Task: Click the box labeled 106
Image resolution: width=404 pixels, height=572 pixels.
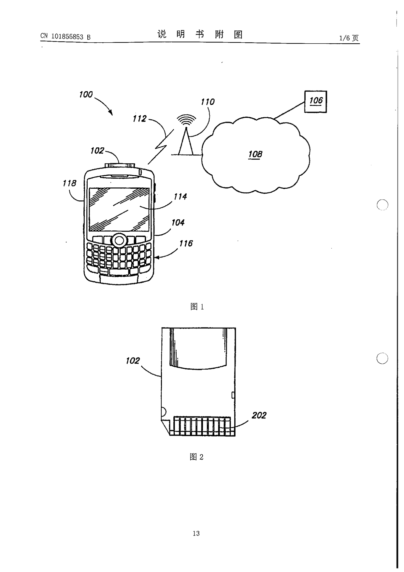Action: point(315,102)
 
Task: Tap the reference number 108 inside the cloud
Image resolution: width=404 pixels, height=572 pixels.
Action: point(255,154)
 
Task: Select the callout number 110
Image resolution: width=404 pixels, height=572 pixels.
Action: point(208,102)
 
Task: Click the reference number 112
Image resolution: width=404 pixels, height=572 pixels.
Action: point(139,119)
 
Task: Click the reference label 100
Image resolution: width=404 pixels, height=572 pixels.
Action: point(86,95)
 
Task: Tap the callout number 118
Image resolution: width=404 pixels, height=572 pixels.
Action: point(69,183)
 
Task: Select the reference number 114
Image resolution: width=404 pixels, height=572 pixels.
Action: point(180,197)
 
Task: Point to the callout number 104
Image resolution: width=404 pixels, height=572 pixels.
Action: point(178,223)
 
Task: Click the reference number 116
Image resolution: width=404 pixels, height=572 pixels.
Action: point(186,243)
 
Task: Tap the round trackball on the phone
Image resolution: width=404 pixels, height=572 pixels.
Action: point(119,241)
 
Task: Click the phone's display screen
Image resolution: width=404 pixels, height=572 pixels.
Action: point(119,209)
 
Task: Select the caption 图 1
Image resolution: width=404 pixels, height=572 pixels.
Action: point(197,306)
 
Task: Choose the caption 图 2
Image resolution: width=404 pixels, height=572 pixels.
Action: point(196,457)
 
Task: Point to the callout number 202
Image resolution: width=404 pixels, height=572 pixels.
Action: point(259,415)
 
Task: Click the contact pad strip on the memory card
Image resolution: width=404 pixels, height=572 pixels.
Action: point(202,426)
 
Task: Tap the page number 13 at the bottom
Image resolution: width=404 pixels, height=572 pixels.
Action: point(196,533)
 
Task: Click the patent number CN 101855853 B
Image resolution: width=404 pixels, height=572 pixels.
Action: point(65,37)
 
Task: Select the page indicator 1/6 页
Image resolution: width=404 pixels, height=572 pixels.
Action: point(349,38)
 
